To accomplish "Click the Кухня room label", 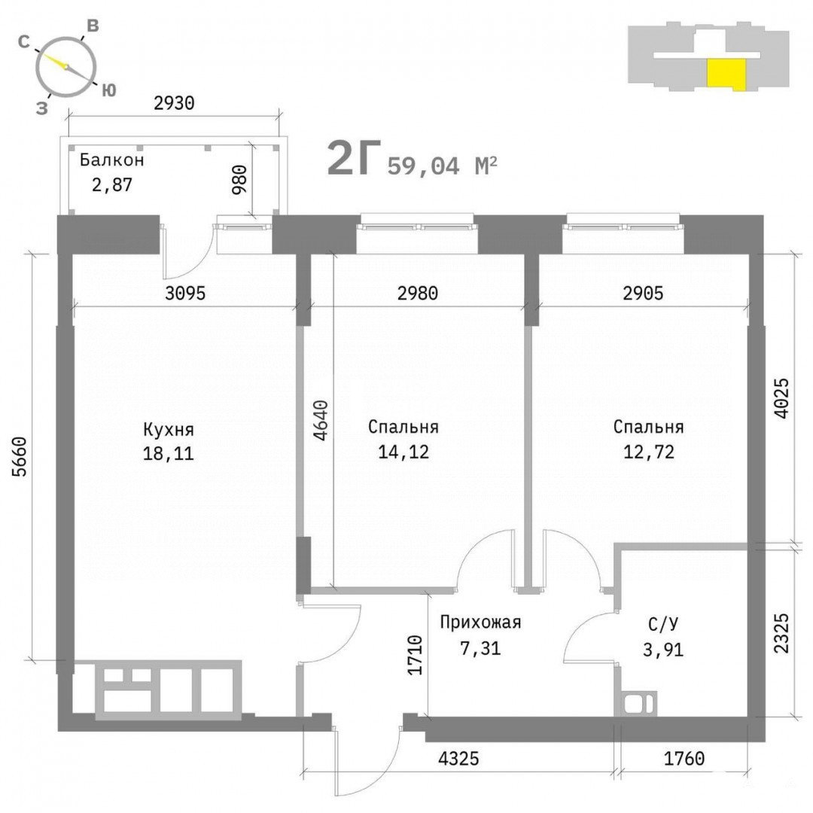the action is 169,430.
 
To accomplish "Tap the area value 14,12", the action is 403,452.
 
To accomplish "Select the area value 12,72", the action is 649,452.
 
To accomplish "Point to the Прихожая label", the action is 480,623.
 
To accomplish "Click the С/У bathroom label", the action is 663,624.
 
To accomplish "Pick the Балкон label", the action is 111,160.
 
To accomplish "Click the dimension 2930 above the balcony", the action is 174,103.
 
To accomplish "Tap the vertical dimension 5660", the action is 19,457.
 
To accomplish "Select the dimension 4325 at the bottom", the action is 459,759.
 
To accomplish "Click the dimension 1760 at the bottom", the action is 684,759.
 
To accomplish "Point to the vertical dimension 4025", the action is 781,397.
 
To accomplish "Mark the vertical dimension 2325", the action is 781,633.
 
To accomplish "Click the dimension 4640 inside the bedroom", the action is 321,420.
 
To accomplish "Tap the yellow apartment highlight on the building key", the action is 727,72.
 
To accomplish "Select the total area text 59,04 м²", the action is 443,166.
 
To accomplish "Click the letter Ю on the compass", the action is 108,91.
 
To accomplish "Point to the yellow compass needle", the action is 54,61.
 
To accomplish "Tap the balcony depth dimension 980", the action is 239,179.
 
